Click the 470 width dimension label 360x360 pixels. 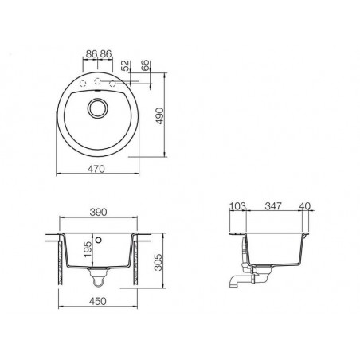coord(96,169)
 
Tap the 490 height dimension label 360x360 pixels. coord(159,115)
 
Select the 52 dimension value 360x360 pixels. coord(125,66)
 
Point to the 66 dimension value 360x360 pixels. coord(145,65)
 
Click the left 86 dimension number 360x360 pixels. coord(92,54)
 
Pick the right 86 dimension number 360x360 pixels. coord(106,54)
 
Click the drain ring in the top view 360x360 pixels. coord(98,108)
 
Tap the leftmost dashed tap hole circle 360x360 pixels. coord(83,84)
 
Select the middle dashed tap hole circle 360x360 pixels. coord(98,80)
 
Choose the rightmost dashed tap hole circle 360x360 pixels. coord(112,84)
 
